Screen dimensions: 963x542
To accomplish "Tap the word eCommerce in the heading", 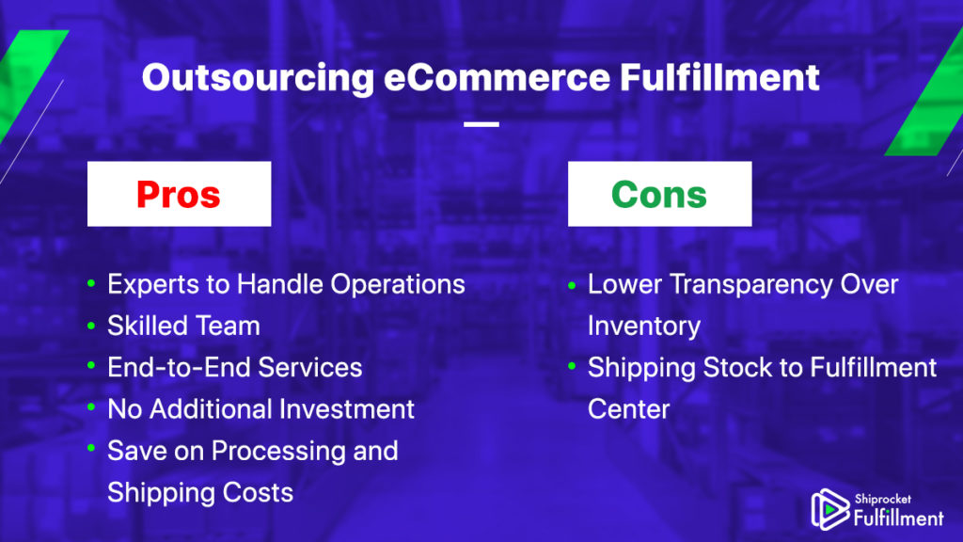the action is click(497, 77).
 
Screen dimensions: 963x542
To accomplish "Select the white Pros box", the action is click(180, 194).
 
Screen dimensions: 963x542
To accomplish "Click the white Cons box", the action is click(659, 194).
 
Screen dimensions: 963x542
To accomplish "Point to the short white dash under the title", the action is click(481, 124).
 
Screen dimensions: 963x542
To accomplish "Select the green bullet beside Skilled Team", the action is click(91, 325).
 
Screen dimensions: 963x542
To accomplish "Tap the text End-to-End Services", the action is click(234, 368).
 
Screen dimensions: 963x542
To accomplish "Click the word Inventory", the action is click(643, 327).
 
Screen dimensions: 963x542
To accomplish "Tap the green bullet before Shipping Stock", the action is click(572, 366).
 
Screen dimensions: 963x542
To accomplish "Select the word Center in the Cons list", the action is click(628, 409).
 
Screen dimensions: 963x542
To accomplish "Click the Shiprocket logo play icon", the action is click(829, 509).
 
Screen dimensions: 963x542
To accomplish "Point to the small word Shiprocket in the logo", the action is click(882, 499).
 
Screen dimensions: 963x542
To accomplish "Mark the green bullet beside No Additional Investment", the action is click(91, 406).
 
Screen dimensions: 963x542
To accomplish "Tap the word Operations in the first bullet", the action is click(398, 285).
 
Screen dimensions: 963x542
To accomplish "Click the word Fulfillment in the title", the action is click(719, 77).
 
